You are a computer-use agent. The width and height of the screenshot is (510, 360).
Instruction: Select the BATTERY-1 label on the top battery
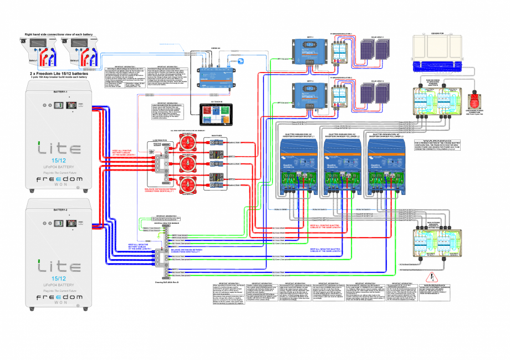click(60, 91)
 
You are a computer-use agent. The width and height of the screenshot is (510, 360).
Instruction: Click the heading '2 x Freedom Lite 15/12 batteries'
click(60, 73)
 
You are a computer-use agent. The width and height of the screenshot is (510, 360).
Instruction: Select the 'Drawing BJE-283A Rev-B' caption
click(166, 281)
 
